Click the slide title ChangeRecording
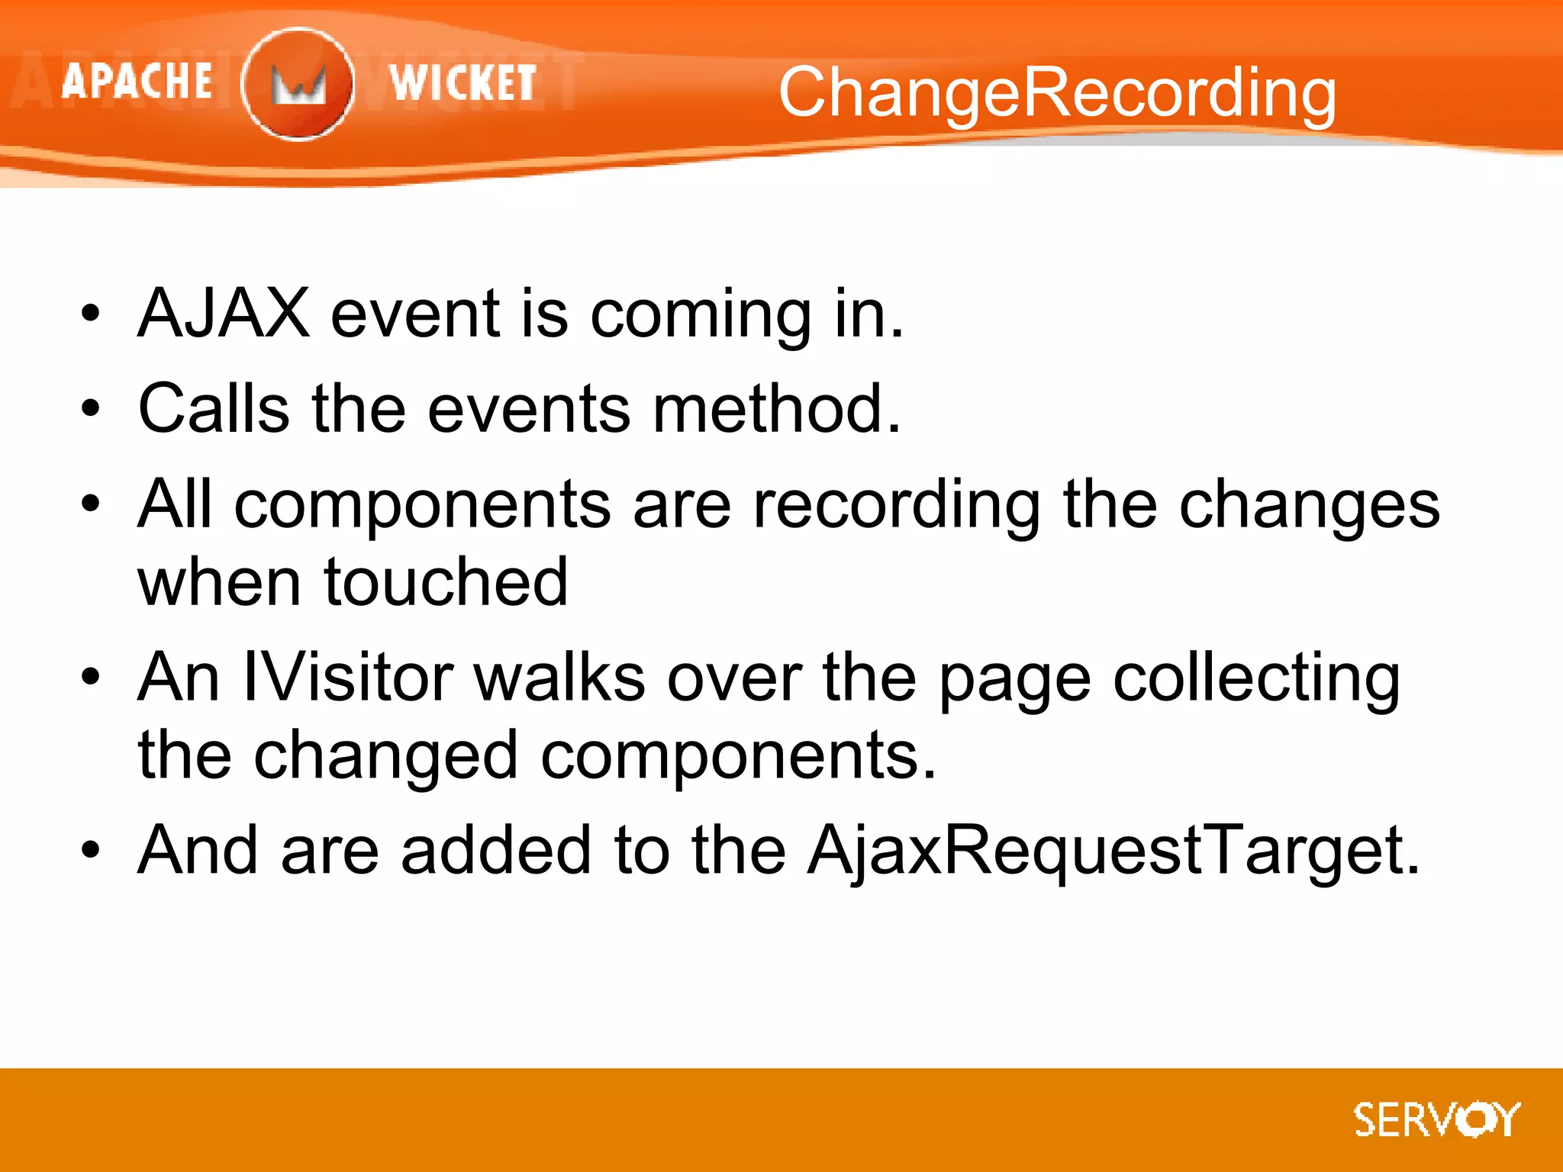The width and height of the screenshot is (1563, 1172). (1057, 93)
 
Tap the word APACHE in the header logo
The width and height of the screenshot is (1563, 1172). (137, 82)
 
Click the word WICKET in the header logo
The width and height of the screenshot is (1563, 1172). (462, 82)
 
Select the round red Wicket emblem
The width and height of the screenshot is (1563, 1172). (298, 84)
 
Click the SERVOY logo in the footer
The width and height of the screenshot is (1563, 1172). (1436, 1120)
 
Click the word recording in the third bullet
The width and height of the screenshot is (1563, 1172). (897, 506)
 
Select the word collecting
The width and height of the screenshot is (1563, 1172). (1256, 679)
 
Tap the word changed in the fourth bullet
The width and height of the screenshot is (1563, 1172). (386, 756)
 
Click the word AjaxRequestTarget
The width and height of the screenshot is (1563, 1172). (1113, 851)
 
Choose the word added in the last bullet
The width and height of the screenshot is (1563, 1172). (496, 850)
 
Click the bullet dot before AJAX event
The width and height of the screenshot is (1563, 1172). (91, 314)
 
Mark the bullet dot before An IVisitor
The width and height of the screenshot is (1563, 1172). (91, 677)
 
